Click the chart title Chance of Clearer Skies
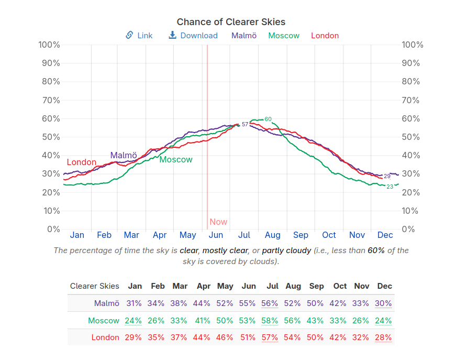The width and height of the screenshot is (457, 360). click(231, 21)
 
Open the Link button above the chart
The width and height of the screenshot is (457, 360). click(139, 36)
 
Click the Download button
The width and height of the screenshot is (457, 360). click(193, 36)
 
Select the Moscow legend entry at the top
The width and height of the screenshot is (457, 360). click(284, 36)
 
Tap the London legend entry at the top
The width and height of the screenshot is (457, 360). click(325, 36)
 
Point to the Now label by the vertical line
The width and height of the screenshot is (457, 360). click(218, 222)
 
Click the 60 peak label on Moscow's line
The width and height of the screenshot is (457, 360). click(268, 119)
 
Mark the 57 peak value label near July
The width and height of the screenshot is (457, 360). click(244, 124)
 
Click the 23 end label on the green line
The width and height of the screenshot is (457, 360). click(389, 187)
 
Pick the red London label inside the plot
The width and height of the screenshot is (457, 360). click(82, 162)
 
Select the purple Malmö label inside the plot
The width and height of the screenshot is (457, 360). click(124, 155)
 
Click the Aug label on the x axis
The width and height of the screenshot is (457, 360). click(272, 235)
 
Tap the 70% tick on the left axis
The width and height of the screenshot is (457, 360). click(50, 100)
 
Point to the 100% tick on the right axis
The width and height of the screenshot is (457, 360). click(412, 45)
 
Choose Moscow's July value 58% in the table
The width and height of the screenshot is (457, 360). click(270, 321)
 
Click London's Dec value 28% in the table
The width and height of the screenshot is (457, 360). click(383, 337)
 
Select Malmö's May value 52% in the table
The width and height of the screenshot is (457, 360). click(225, 303)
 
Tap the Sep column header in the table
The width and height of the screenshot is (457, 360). click(316, 286)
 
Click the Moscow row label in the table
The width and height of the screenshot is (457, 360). click(104, 321)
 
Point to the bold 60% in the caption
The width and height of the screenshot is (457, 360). click(376, 250)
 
